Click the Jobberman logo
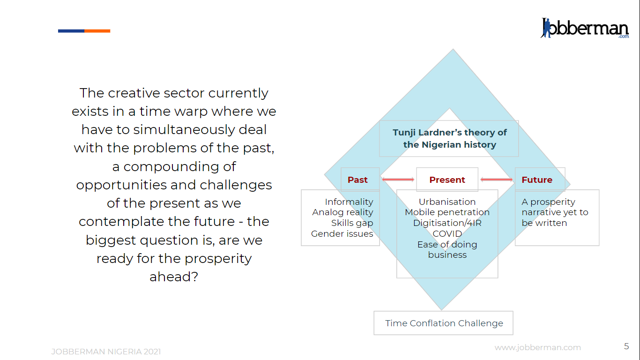pos(585,28)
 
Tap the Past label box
pos(360,180)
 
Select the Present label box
pos(447,180)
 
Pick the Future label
pos(537,180)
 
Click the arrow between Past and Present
pos(398,180)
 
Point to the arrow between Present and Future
pos(497,180)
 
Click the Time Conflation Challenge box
pos(443,323)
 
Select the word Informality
pos(349,202)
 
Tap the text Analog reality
pos(342,212)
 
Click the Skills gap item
pos(352,223)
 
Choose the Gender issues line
pos(342,233)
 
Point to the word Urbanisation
pos(447,202)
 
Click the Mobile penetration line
pos(447,212)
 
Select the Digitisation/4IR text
pos(447,223)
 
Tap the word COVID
pos(447,233)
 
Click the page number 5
pos(626,346)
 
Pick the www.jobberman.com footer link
pos(538,347)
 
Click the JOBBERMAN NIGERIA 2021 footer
pos(106,352)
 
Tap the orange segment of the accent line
pos(97,31)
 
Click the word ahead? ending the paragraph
pos(174,277)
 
